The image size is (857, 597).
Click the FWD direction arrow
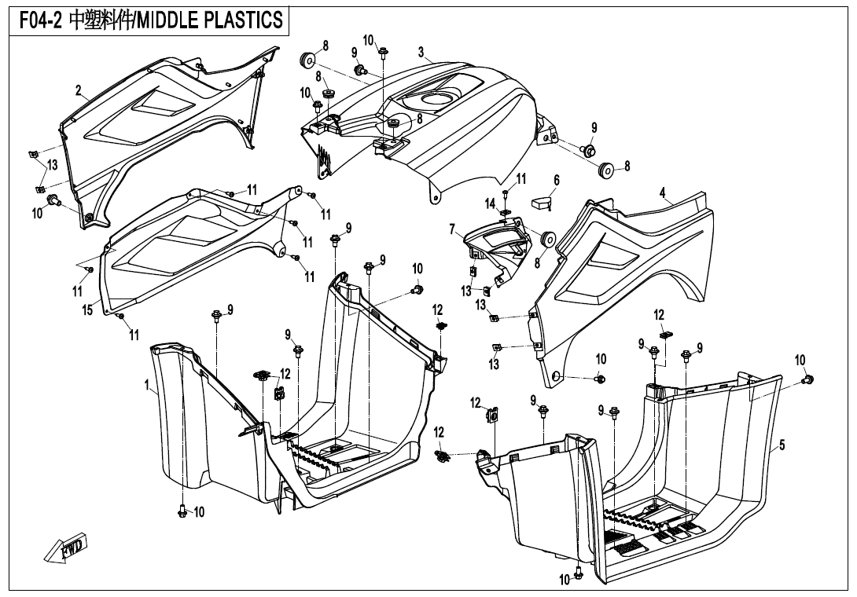tap(67, 548)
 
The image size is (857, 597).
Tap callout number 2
tap(79, 91)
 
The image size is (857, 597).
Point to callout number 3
tap(421, 53)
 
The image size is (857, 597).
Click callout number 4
tap(663, 192)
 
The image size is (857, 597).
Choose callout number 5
tap(782, 445)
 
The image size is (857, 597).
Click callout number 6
tap(557, 181)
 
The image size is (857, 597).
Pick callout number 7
tap(453, 229)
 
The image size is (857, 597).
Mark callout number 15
tap(88, 310)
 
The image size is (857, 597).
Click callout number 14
tap(491, 203)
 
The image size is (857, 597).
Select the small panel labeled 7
tap(495, 244)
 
